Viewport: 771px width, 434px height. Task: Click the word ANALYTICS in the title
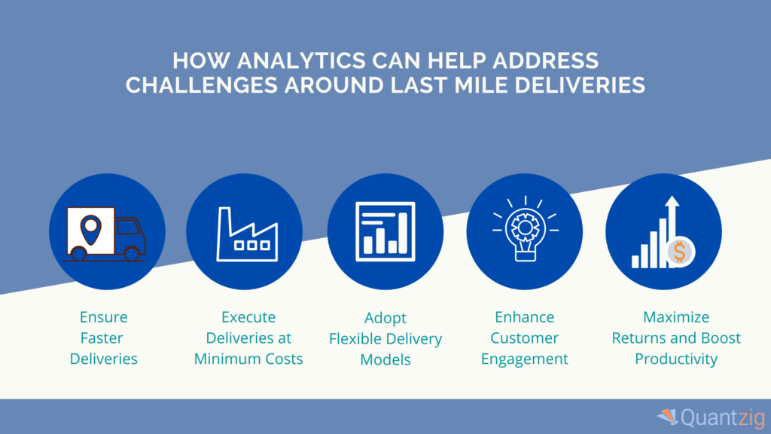click(293, 60)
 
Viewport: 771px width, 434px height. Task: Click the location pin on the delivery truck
click(91, 225)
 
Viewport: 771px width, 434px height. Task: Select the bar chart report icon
click(385, 231)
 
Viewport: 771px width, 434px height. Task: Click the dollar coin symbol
click(679, 253)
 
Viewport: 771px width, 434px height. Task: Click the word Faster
click(104, 338)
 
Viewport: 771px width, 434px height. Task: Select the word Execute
click(248, 317)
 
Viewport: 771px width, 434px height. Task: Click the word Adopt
click(385, 318)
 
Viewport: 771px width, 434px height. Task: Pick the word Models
click(385, 359)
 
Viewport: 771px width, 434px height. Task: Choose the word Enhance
click(524, 317)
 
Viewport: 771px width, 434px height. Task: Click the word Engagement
click(524, 359)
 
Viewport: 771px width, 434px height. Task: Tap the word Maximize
click(676, 317)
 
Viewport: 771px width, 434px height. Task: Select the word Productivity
click(676, 359)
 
